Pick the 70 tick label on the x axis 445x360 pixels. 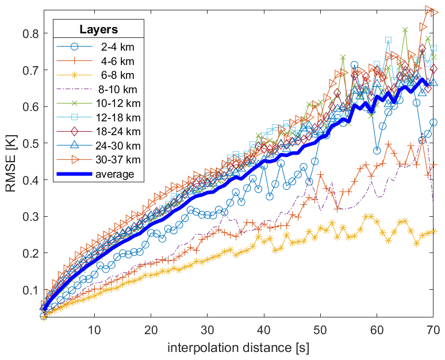click(x=433, y=330)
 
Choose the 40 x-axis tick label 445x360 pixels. click(x=264, y=330)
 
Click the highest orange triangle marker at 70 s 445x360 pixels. click(x=429, y=10)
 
